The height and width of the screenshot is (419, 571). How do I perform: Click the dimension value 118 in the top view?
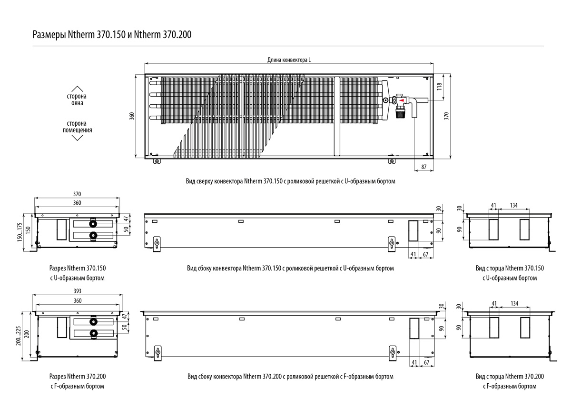[x=439, y=87]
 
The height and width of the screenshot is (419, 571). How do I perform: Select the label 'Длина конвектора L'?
[x=289, y=60]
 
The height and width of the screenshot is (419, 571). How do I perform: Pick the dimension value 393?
[x=78, y=291]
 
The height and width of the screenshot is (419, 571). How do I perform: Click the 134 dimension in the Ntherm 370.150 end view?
[x=514, y=205]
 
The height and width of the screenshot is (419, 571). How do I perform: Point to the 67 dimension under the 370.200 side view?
[x=426, y=362]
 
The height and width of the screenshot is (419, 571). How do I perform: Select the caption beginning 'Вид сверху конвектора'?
[x=290, y=181]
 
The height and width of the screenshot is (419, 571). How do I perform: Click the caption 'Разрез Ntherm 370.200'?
[x=77, y=376]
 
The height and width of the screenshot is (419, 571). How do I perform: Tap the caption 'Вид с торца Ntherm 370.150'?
[x=510, y=268]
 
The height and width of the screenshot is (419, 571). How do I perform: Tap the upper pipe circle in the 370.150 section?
[x=92, y=223]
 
